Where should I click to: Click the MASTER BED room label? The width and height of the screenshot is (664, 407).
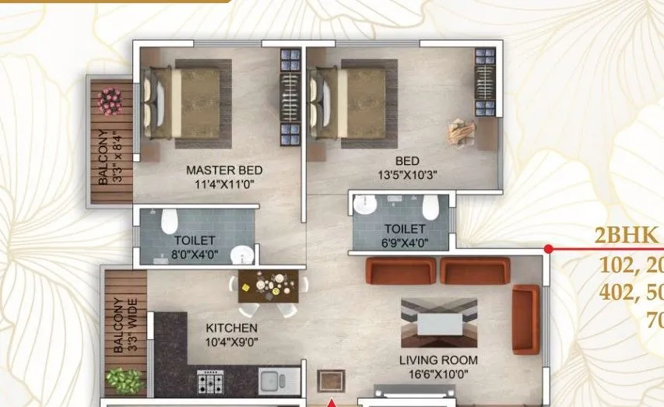(224, 170)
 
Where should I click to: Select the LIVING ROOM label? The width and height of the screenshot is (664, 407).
(438, 360)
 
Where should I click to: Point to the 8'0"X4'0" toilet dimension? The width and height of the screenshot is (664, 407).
(194, 253)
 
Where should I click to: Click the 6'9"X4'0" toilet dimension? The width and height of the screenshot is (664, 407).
(404, 241)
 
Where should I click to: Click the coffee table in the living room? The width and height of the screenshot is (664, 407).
(439, 323)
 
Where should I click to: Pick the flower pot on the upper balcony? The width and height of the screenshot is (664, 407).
(111, 99)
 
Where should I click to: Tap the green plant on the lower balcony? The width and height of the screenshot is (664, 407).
(124, 381)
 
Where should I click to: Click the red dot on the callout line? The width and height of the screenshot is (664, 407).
(548, 249)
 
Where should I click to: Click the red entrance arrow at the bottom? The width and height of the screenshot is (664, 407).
(332, 402)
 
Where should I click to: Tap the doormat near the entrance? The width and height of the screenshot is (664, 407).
(331, 381)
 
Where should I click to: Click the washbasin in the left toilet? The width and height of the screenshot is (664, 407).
(244, 254)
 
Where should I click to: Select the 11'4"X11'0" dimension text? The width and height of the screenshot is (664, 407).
(224, 184)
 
